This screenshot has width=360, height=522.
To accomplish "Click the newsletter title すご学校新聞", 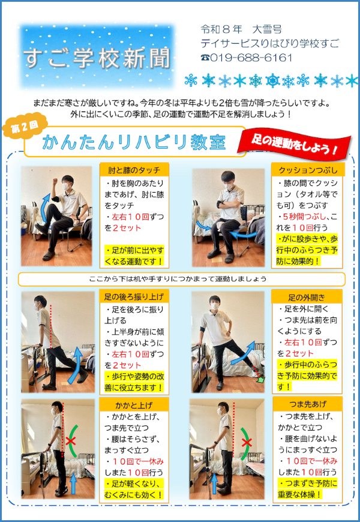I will [x=97, y=58].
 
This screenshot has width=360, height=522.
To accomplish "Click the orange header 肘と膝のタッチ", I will [x=134, y=170].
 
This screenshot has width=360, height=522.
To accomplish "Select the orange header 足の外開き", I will [x=307, y=297].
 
